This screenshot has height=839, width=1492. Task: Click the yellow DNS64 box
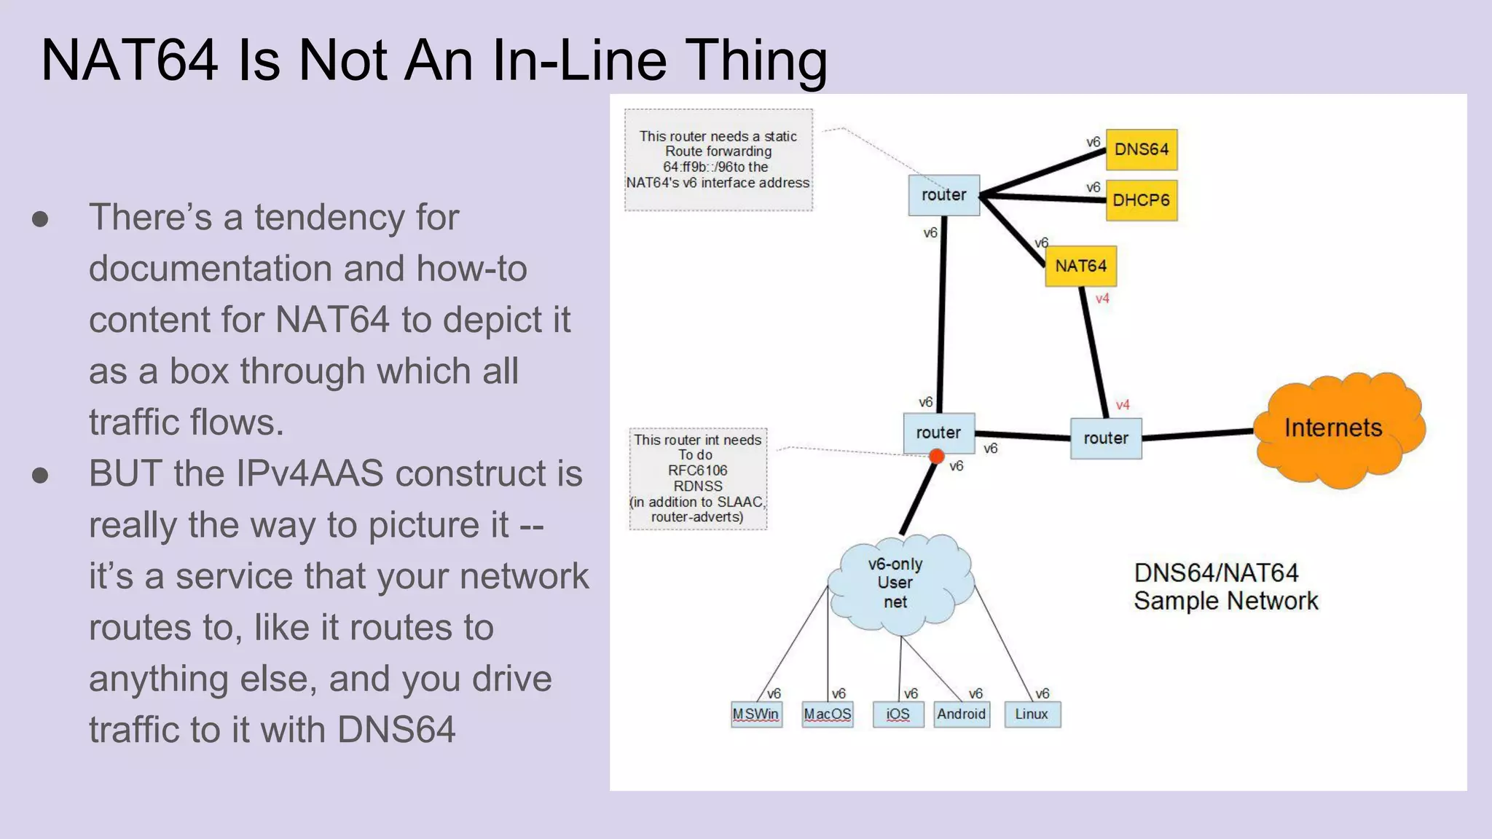point(1141,149)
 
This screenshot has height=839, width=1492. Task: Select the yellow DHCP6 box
point(1141,200)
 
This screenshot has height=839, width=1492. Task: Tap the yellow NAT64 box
point(1080,266)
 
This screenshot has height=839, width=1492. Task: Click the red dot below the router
point(937,457)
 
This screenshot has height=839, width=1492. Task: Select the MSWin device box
point(756,714)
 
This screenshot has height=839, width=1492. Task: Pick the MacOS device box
point(827,714)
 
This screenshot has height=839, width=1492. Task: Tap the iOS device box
point(898,714)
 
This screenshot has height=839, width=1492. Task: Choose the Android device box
point(962,714)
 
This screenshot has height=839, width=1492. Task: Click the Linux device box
point(1032,714)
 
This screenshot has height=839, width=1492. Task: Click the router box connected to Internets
point(1105,438)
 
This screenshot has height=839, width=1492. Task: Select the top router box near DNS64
point(943,195)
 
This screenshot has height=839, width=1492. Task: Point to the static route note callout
point(718,159)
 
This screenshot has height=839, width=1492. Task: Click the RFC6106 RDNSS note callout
point(698,478)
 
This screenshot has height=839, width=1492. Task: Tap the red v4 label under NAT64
point(1102,299)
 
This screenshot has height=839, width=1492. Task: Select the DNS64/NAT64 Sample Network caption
point(1225,587)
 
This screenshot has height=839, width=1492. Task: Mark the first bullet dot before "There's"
point(41,219)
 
